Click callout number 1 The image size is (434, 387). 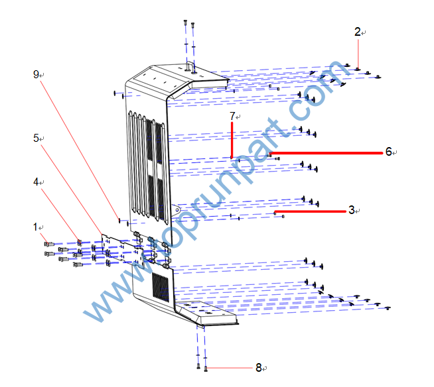point(35,226)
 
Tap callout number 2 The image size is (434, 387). point(357,31)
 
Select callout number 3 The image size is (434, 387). point(351,211)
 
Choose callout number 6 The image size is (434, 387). point(388,152)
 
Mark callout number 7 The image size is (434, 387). point(232,116)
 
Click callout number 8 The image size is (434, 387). point(259,367)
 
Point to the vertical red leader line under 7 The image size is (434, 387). point(232,139)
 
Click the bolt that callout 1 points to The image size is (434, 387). point(48,245)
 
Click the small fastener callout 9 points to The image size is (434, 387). point(119,220)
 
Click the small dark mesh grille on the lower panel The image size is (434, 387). point(160,286)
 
